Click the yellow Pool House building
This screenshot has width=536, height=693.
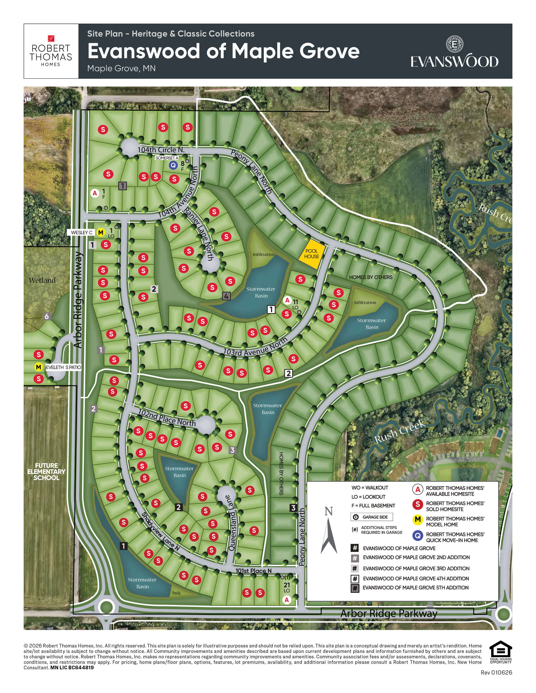(312, 254)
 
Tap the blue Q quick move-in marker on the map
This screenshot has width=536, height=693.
(173, 165)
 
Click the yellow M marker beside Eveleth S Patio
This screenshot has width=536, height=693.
(38, 367)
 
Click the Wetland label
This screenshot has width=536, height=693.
(42, 280)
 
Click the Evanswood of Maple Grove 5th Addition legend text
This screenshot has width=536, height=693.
(415, 588)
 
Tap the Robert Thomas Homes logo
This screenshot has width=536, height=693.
(51, 51)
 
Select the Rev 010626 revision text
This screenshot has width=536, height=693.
(496, 672)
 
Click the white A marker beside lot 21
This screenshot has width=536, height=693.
(287, 600)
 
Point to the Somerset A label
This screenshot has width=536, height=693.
(167, 158)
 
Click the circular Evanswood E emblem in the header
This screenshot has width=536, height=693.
(454, 44)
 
